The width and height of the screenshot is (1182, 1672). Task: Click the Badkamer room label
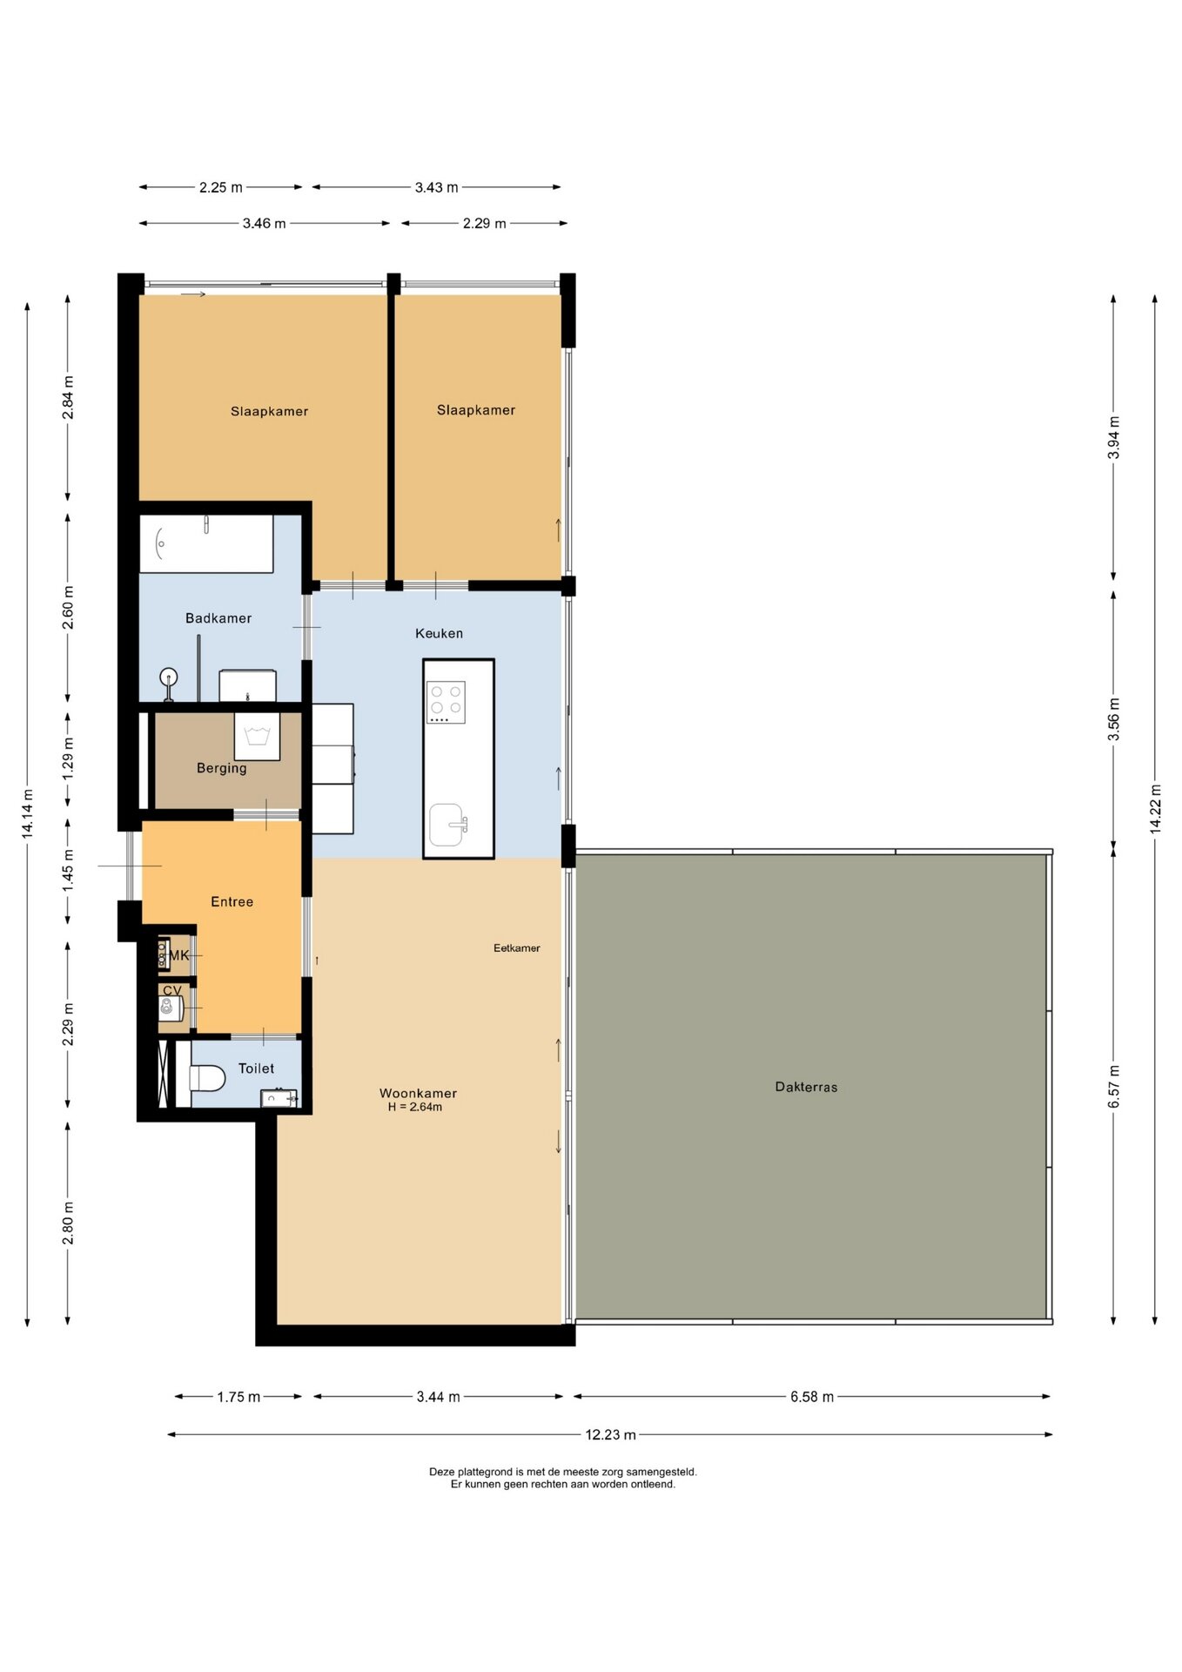(218, 618)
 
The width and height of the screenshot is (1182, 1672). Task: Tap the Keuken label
(440, 633)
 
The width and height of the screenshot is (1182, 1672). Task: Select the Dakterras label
(806, 1087)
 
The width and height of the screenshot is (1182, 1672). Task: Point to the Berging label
(222, 768)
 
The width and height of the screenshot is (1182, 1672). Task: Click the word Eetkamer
(517, 948)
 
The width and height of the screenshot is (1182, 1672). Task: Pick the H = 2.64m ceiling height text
(415, 1107)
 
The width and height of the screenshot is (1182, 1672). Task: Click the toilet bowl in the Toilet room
(207, 1079)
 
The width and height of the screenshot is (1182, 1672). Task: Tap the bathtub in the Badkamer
(207, 544)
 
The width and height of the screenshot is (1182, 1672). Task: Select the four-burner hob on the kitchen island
(446, 702)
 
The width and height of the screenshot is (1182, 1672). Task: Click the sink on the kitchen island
(447, 825)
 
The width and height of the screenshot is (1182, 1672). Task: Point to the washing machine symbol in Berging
(257, 737)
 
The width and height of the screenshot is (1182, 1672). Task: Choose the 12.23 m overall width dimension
(610, 1434)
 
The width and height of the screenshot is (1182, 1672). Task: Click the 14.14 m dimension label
(28, 814)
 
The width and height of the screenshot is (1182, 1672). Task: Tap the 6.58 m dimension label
(812, 1397)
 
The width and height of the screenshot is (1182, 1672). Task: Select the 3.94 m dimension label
(1114, 438)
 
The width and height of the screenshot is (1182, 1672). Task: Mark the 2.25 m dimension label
(221, 187)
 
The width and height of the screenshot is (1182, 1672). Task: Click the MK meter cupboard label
(178, 955)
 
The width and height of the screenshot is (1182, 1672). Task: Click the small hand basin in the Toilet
(279, 1098)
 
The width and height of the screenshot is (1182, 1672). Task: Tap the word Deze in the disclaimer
(442, 1472)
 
